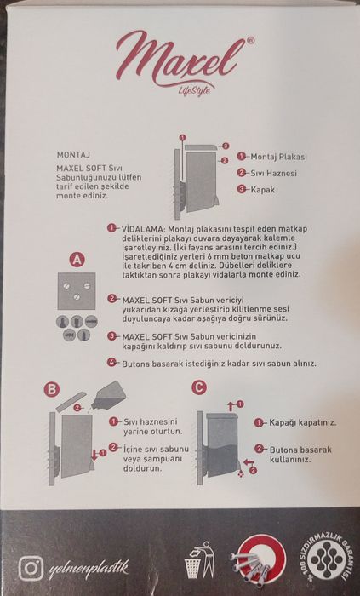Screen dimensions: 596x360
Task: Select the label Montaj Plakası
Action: coord(278,158)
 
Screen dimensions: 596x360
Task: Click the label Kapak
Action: coord(263,188)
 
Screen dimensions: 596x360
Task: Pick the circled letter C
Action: coord(199,388)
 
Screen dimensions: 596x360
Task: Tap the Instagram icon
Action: coord(31,565)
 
